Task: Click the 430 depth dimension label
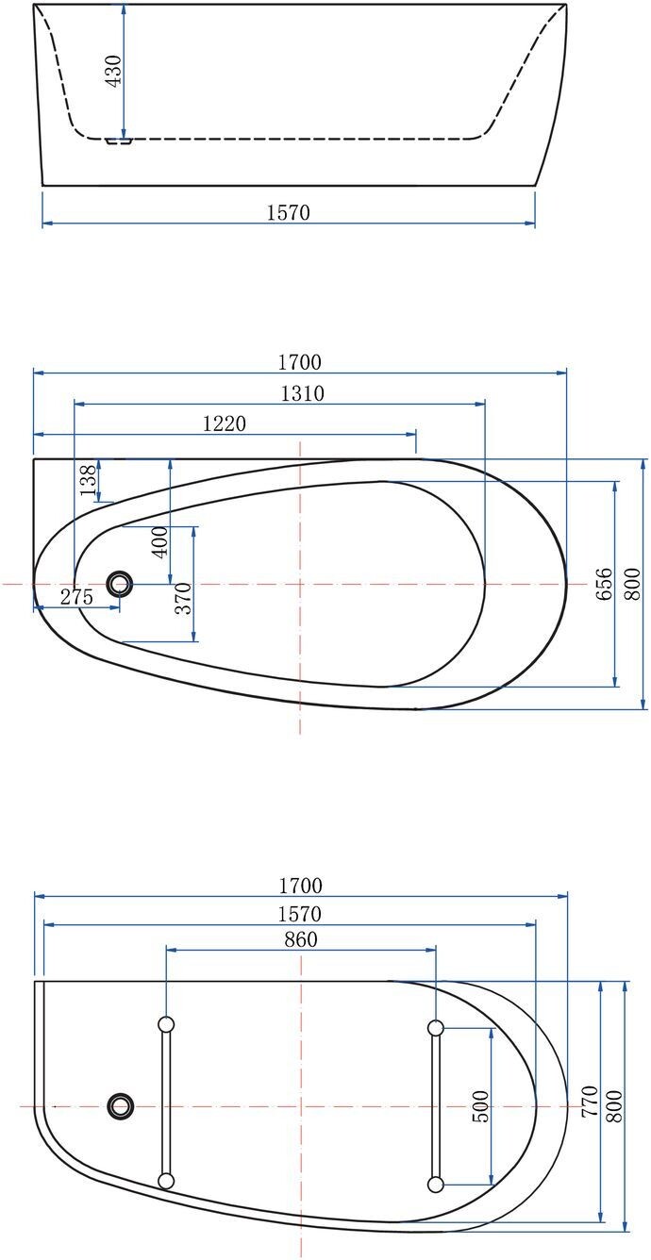point(113,71)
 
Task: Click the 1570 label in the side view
point(288,212)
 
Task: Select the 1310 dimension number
point(303,393)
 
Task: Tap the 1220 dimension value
point(224,423)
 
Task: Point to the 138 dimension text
point(88,479)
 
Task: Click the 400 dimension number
point(160,541)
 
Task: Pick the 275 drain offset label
point(76,596)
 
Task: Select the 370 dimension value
point(184,598)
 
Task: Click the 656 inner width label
point(604,584)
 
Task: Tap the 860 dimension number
point(300,938)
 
